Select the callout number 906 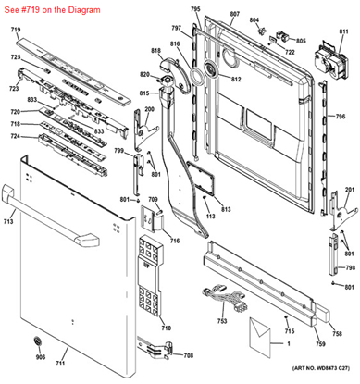(x=40, y=357)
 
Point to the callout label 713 (x=8, y=223)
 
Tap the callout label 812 (x=236, y=80)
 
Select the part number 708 (x=189, y=355)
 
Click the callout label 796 (x=340, y=118)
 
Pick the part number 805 (x=301, y=41)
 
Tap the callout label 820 (x=144, y=74)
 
